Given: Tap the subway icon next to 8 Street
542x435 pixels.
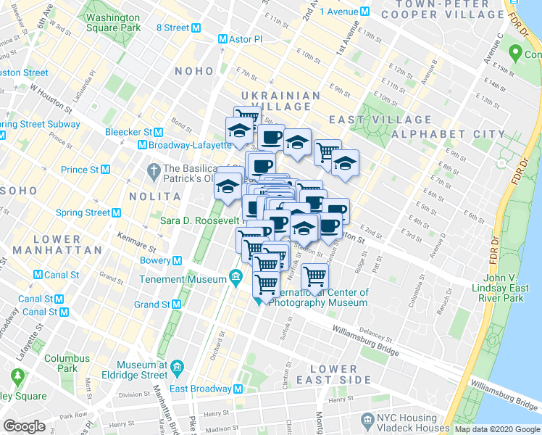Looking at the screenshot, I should click(196, 28).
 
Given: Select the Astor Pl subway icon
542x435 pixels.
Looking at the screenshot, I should click(222, 41).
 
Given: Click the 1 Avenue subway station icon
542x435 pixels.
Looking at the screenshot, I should click(365, 12).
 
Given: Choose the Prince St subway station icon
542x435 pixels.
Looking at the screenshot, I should click(105, 170).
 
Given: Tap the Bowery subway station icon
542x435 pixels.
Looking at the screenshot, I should click(177, 260).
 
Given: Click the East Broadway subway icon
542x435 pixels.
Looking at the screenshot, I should click(238, 389).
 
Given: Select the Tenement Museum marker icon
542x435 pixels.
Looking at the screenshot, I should click(235, 276).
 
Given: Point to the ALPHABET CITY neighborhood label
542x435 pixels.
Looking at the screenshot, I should click(448, 134).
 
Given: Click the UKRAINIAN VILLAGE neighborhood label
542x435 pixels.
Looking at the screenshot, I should click(280, 101).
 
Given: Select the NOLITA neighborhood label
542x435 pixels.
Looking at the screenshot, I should click(154, 196).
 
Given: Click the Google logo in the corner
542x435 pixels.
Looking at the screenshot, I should click(25, 426).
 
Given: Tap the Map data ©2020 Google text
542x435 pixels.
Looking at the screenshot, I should click(496, 429).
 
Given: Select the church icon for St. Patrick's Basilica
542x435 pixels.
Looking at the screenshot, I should click(151, 171).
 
